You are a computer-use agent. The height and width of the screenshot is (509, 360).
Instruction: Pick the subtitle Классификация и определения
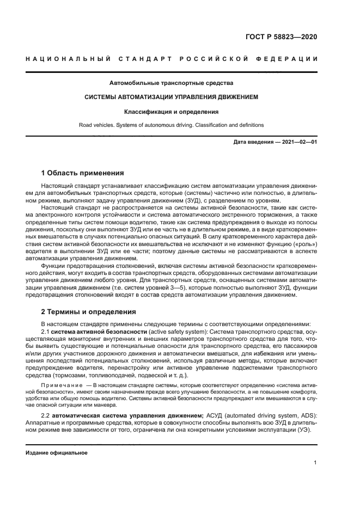tap(171, 112)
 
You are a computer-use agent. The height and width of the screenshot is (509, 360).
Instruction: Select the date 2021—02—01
tap(299, 142)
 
